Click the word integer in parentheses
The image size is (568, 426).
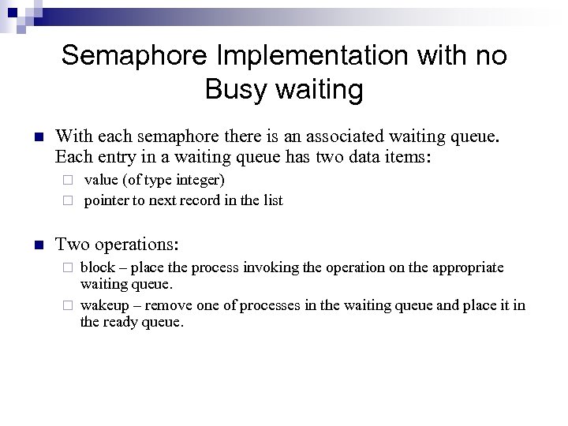click(198, 181)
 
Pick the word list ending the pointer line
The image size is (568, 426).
click(272, 200)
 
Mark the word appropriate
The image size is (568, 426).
click(463, 267)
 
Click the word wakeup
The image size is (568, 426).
click(103, 305)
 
